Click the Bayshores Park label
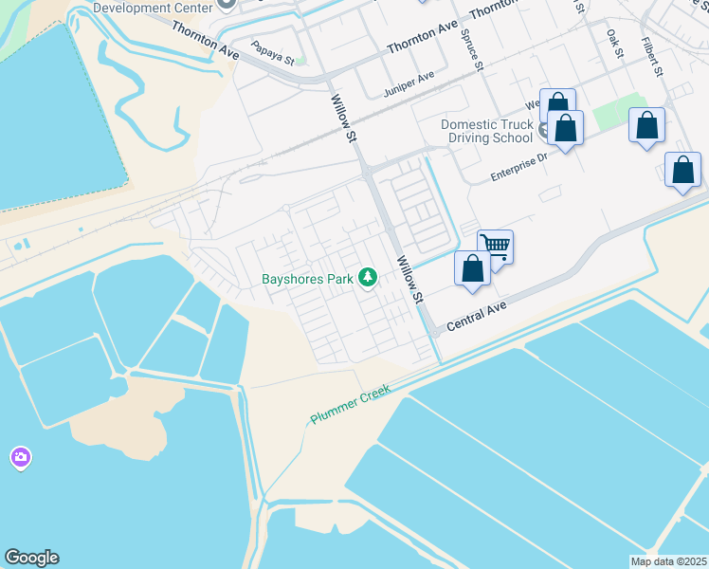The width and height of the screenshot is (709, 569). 307,279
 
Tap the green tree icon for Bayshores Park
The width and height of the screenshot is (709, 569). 367,278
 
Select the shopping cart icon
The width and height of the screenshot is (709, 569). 496,248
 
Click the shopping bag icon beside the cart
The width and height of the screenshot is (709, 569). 472,269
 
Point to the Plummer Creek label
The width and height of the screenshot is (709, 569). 351,405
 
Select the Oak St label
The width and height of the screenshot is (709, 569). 614,42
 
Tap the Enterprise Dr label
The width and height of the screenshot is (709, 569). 519,169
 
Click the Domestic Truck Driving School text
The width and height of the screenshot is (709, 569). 486,131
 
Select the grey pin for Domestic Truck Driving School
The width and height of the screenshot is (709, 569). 544,130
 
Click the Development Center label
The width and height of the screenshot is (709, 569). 153,8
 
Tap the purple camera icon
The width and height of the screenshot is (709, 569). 20,458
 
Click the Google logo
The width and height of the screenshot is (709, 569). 31,558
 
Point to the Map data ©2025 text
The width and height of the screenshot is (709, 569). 669,561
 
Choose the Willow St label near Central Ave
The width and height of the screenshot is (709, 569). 409,280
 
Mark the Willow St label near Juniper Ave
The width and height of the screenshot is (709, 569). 342,118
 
